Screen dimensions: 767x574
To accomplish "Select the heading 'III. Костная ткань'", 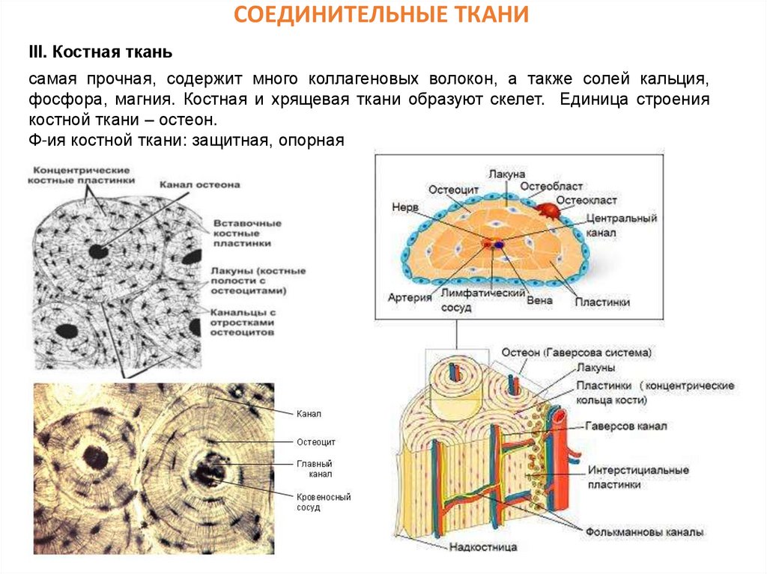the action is pyautogui.click(x=100, y=52).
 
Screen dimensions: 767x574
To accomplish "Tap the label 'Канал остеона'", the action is pyautogui.click(x=199, y=185).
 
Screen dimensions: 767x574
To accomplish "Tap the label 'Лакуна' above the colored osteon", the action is pyautogui.click(x=506, y=174).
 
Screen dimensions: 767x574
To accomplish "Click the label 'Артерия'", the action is pyautogui.click(x=411, y=297).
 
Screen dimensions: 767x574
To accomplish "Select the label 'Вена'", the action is pyautogui.click(x=540, y=300).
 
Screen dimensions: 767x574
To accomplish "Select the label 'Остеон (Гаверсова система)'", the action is pyautogui.click(x=577, y=352).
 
